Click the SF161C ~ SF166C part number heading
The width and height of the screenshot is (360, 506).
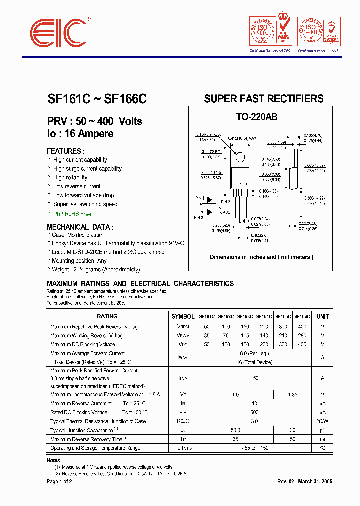(x=97, y=99)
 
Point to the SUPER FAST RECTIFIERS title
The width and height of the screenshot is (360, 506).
(x=264, y=99)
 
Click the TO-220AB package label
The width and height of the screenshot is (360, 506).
(x=257, y=117)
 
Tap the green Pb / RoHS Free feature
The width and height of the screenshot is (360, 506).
(x=72, y=213)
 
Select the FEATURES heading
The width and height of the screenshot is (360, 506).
(x=65, y=151)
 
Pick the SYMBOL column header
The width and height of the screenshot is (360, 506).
(x=183, y=316)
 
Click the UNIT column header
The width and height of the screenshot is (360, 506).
(x=322, y=316)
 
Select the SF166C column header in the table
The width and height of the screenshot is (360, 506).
(x=302, y=316)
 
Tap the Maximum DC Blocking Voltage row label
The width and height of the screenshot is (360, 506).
(x=83, y=344)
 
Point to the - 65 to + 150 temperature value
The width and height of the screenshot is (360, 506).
(x=255, y=448)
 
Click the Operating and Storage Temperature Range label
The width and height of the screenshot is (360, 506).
(x=95, y=448)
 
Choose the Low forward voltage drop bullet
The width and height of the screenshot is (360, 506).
(x=83, y=195)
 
